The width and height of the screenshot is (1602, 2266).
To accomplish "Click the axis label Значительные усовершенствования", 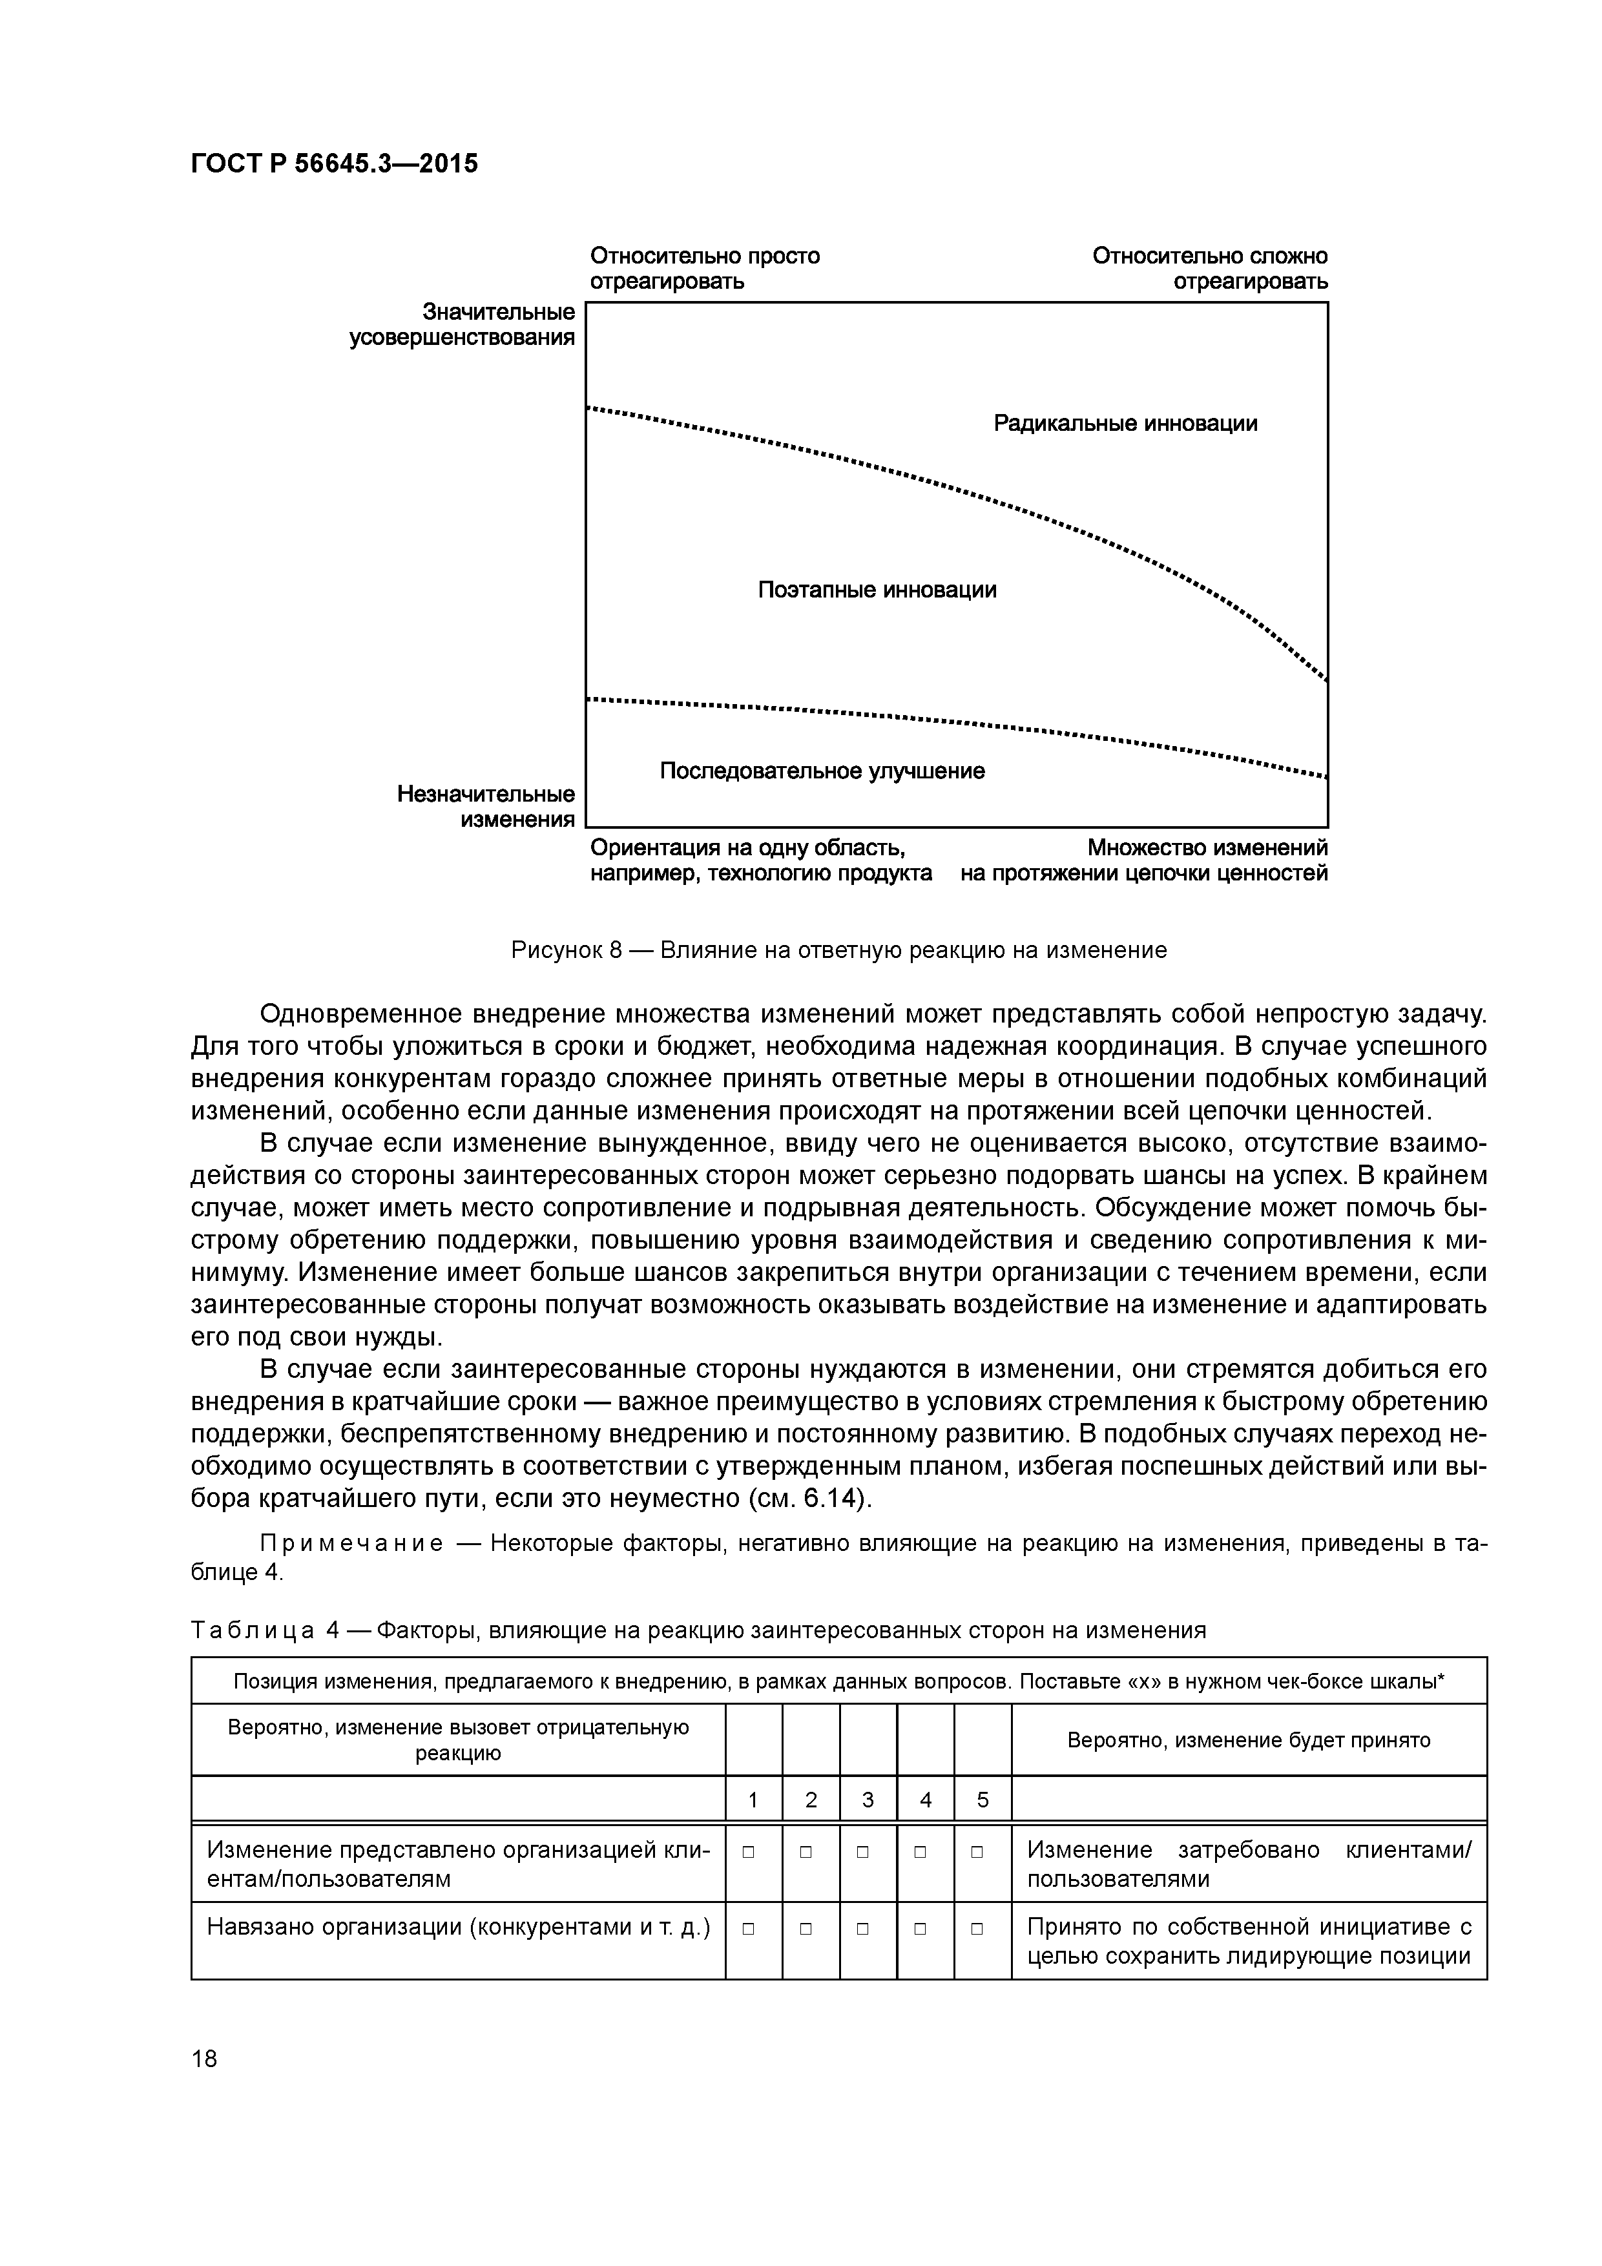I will tap(462, 325).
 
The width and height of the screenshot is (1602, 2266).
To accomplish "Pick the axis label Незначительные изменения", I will tap(486, 806).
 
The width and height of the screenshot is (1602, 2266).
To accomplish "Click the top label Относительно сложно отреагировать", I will tap(1209, 269).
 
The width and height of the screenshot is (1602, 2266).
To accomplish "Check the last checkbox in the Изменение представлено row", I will tap(977, 1853).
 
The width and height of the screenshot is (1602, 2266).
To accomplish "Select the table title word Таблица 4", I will tap(265, 1630).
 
